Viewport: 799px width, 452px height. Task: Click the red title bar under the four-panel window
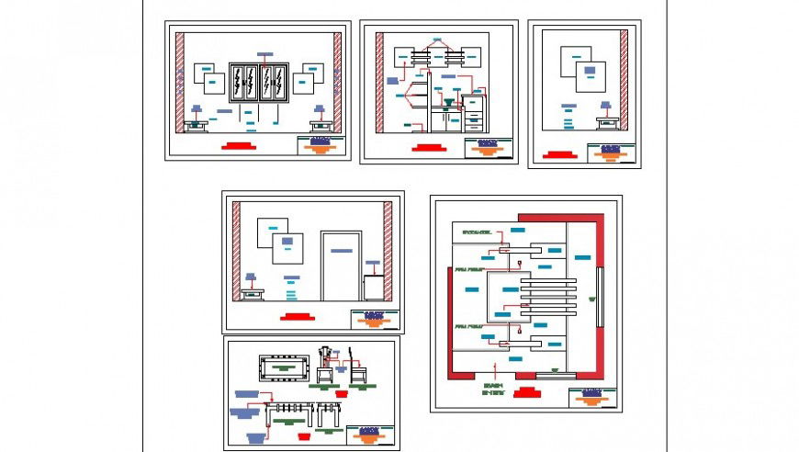tap(238, 145)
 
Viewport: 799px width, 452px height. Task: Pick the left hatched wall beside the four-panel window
tap(181, 83)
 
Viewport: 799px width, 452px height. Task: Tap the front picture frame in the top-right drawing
tap(591, 75)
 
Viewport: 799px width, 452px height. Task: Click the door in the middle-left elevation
tap(341, 266)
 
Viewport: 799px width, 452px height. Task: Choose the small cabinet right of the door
tap(373, 286)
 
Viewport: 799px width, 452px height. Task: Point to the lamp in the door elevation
tap(251, 279)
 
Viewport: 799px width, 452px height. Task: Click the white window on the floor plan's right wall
tap(599, 296)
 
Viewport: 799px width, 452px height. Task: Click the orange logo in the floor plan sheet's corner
tap(592, 398)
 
